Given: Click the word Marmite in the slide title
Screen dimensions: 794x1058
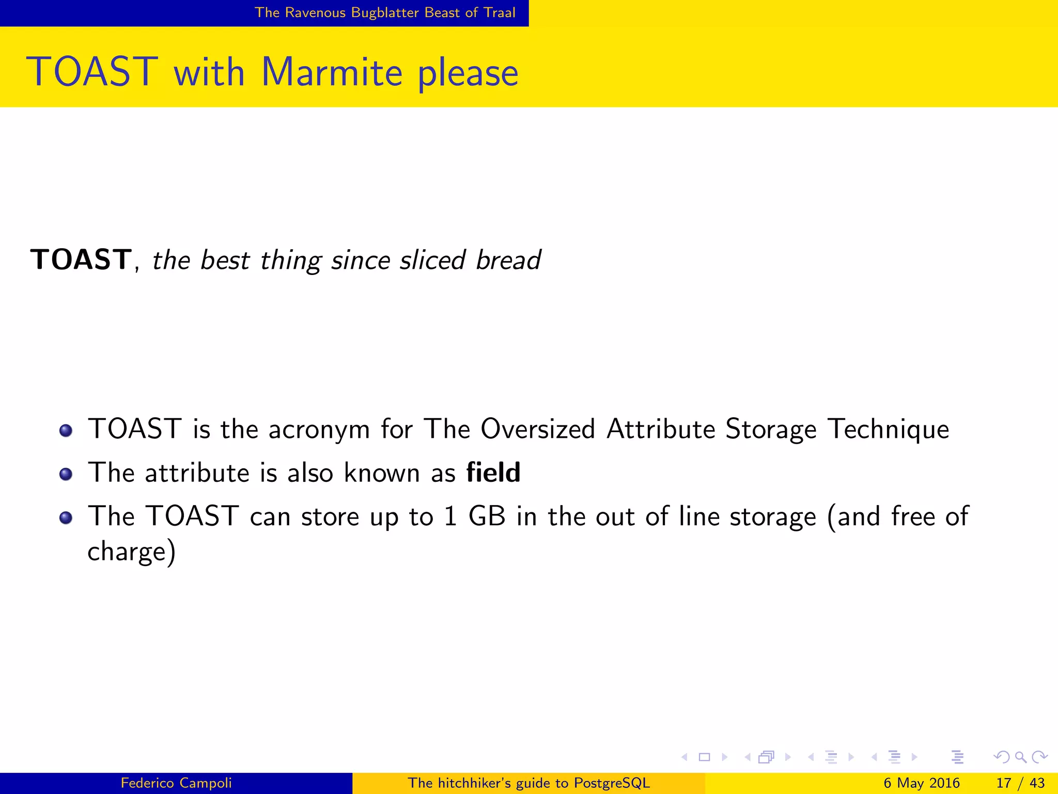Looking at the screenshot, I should click(x=331, y=72).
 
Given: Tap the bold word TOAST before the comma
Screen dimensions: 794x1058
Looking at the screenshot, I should click(x=81, y=259).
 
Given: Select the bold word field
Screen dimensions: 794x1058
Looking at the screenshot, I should click(x=493, y=472).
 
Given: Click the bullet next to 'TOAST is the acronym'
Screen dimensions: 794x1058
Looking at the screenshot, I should click(x=66, y=430).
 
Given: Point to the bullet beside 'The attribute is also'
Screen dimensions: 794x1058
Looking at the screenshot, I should click(x=66, y=474).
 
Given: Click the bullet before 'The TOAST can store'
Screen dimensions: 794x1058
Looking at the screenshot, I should click(x=66, y=517).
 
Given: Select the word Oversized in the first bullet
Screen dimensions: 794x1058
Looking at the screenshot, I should click(x=537, y=429).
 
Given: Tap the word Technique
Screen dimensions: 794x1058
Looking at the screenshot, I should click(x=888, y=429).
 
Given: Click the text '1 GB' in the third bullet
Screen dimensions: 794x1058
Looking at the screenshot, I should click(x=474, y=516).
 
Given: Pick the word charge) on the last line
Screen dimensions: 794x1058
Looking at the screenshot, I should click(x=132, y=552).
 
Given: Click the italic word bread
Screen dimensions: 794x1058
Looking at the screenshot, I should click(x=508, y=260).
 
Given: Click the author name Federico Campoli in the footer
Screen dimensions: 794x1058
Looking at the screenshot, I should click(x=176, y=783).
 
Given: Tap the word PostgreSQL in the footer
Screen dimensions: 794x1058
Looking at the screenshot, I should click(x=612, y=783).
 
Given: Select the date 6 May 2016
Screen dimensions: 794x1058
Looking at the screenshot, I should click(x=921, y=783).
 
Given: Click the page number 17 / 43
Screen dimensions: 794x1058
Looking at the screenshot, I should click(x=1020, y=783).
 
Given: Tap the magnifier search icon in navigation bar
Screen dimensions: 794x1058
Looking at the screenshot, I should click(x=1020, y=757).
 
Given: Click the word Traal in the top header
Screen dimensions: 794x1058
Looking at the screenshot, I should click(x=500, y=12).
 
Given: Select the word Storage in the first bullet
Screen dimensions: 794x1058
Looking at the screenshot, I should click(x=771, y=429).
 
